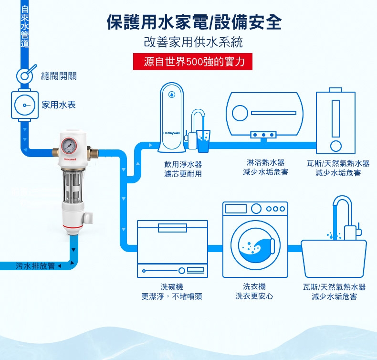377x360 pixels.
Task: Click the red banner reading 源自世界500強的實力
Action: point(193,62)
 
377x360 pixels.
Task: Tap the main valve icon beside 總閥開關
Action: point(25,75)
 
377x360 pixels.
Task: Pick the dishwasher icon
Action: point(172,248)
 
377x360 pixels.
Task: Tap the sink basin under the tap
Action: point(334,257)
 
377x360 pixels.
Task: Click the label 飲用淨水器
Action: point(182,164)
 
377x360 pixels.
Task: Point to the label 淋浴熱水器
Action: point(265,163)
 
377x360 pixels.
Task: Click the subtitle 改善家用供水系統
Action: point(193,42)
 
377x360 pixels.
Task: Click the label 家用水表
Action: point(59,105)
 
